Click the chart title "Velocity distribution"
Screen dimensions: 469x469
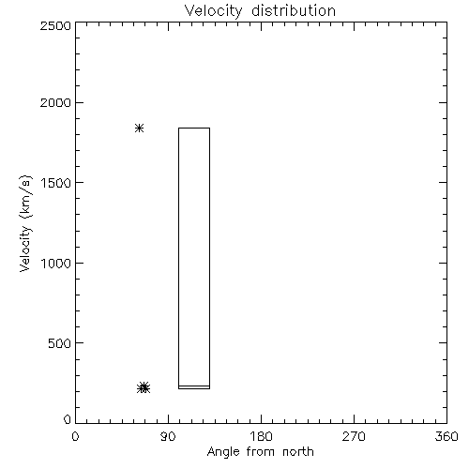tap(260, 10)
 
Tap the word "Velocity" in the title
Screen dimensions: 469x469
tap(213, 11)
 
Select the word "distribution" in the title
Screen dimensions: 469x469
tap(294, 10)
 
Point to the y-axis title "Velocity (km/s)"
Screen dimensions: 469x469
tap(25, 223)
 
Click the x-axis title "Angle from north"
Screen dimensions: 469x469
tap(261, 451)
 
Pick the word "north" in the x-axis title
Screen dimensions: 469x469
tap(298, 451)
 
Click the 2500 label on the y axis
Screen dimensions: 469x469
tap(55, 25)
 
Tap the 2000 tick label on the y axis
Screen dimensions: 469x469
tap(55, 102)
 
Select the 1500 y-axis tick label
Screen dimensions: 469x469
tap(56, 183)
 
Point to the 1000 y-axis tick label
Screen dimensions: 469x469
tap(56, 263)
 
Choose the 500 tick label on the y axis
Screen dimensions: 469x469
tap(60, 343)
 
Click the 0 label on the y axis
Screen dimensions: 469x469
tap(68, 419)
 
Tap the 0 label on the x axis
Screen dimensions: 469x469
tap(75, 436)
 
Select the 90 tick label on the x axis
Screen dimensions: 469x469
tap(168, 436)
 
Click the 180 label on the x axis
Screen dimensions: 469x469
tap(261, 436)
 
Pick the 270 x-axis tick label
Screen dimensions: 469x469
tap(354, 436)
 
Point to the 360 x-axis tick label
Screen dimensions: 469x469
tap(446, 436)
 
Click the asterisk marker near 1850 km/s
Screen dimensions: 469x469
tap(139, 128)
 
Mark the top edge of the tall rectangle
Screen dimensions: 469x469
tap(194, 128)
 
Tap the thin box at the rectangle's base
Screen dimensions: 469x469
tap(194, 387)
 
